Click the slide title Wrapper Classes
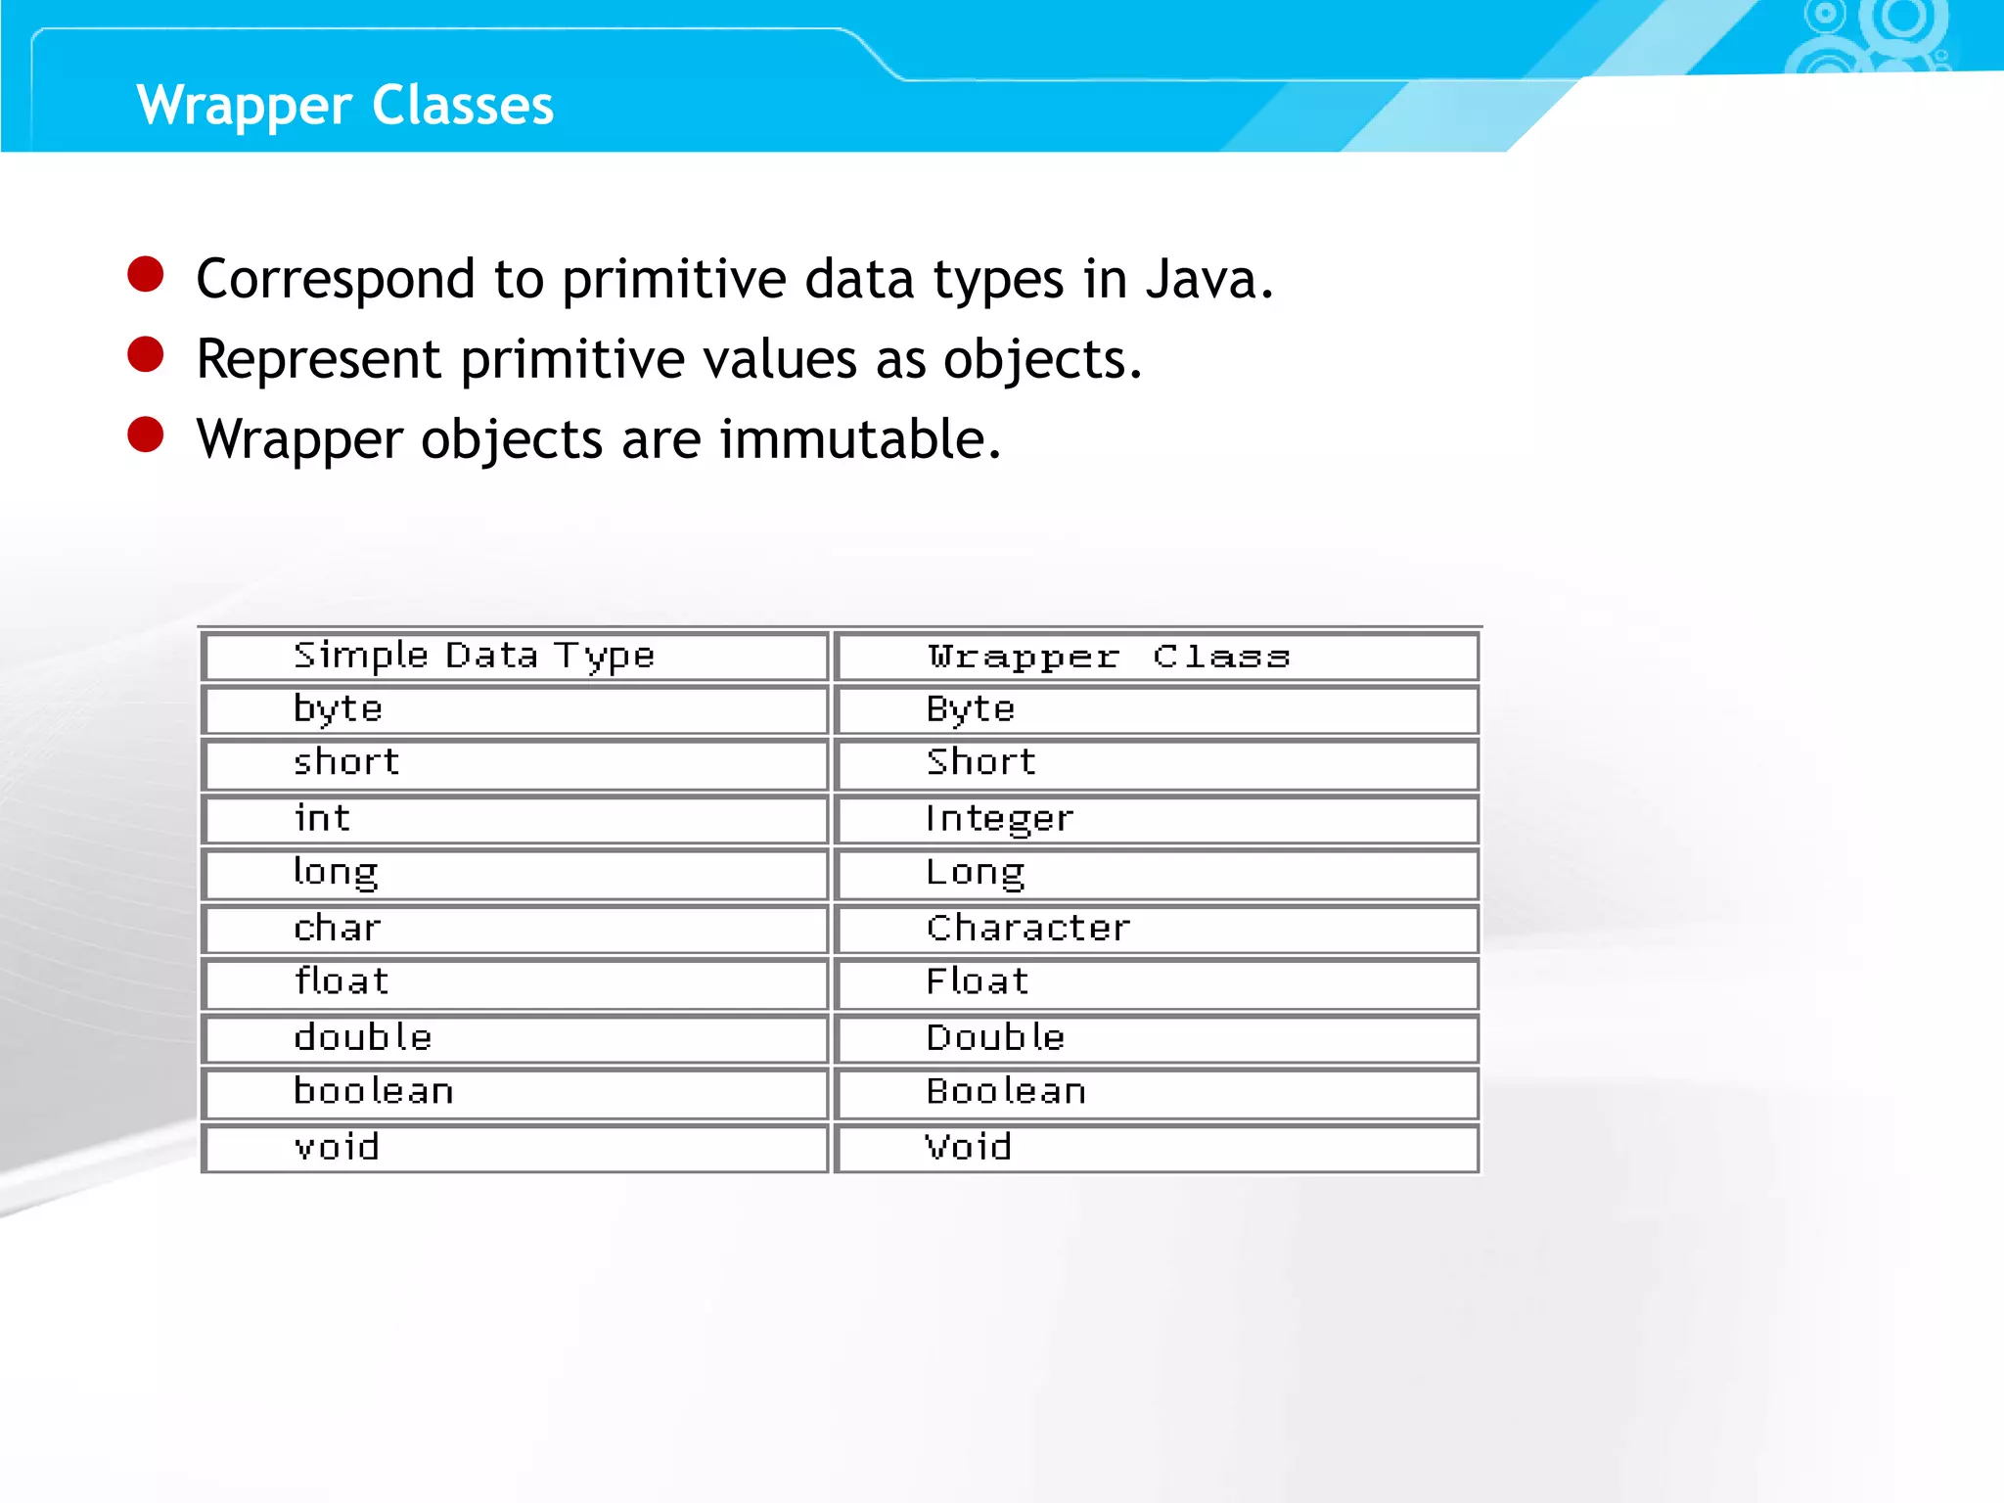pyautogui.click(x=345, y=106)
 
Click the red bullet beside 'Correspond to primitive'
pyautogui.click(x=146, y=274)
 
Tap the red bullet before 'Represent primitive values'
pyautogui.click(x=146, y=354)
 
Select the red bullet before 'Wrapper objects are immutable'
pyautogui.click(x=146, y=434)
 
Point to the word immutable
pyautogui.click(x=860, y=439)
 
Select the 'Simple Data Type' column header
pyautogui.click(x=474, y=657)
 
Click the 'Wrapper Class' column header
pyautogui.click(x=1109, y=657)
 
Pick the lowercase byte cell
pyautogui.click(x=339, y=709)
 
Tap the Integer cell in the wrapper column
pyautogui.click(x=999, y=819)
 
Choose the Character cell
pyautogui.click(x=1028, y=928)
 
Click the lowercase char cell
pyautogui.click(x=338, y=928)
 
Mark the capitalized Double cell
pyautogui.click(x=995, y=1037)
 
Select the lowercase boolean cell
pyautogui.click(x=374, y=1091)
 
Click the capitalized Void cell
pyautogui.click(x=969, y=1147)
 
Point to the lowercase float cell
pyautogui.click(x=342, y=981)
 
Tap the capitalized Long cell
pyautogui.click(x=976, y=873)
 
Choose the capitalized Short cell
pyautogui.click(x=981, y=762)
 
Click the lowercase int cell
pyautogui.click(x=322, y=819)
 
